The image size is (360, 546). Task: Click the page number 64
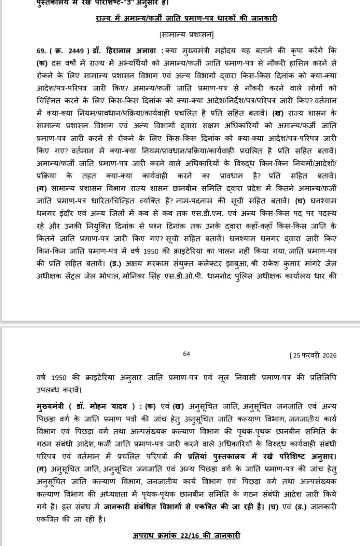click(x=186, y=354)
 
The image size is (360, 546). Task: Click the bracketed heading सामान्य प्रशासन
click(x=186, y=35)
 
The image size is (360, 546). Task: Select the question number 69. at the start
click(x=41, y=51)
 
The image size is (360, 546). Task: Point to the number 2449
click(x=76, y=51)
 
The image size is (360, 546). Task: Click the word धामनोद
click(x=219, y=276)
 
